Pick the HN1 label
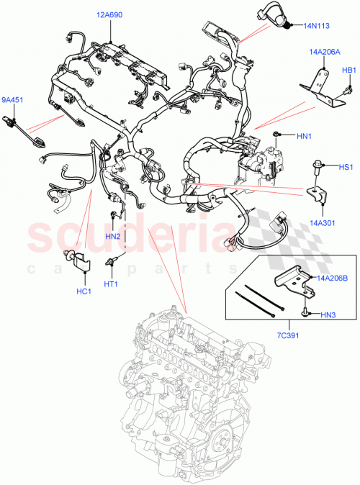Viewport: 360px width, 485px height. point(303,135)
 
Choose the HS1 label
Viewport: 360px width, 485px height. point(346,166)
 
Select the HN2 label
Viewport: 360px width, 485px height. point(112,236)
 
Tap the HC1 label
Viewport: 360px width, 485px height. point(84,291)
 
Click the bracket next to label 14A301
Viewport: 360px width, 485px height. point(315,196)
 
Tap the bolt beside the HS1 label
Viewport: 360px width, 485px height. point(317,167)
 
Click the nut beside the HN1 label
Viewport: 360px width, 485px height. point(276,135)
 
